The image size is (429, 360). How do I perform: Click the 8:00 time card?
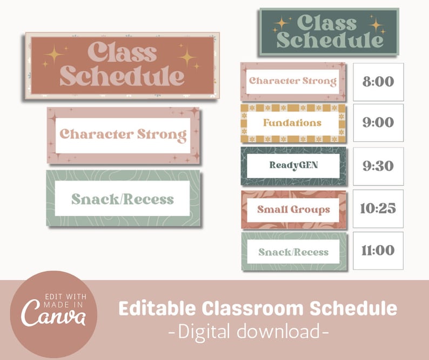pos(378,82)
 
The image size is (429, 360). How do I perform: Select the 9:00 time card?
pos(378,123)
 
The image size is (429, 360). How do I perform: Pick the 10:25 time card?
pos(378,209)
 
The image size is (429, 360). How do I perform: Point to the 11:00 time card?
pos(378,251)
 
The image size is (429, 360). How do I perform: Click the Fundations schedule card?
pos(292,123)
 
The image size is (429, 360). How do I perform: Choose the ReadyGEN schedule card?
pos(292,165)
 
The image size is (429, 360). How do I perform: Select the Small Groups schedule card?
pos(292,209)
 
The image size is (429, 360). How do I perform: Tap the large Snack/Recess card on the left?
pos(123,198)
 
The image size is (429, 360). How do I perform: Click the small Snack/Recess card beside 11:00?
pos(293,252)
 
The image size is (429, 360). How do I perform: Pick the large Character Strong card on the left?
pos(123,135)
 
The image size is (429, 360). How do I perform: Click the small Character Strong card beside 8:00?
pos(292,82)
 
